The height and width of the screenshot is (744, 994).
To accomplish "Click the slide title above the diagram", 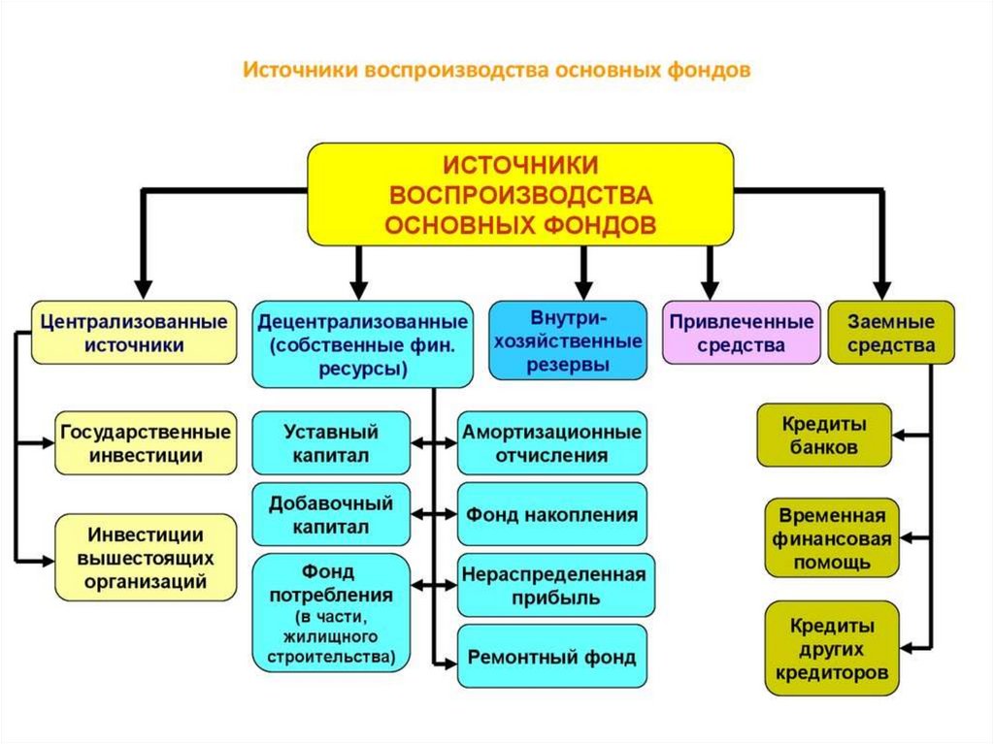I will coord(496,71).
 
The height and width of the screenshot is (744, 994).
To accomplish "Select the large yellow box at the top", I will coord(520,194).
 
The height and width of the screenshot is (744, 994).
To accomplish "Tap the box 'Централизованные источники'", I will coord(134,332).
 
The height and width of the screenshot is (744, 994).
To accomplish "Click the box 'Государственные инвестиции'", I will coord(145,442).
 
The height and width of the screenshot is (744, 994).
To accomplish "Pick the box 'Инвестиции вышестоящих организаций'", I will coord(146,559).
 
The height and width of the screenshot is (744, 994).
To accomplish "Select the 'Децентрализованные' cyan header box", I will coord(361,344).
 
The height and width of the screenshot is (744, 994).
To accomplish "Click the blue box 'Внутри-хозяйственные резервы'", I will coord(568,340).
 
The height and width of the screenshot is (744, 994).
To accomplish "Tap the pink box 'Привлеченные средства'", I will coord(740,332).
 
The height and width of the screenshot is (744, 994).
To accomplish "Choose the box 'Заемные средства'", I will coord(890,332).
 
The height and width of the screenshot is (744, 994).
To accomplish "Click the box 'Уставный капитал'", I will coord(330,443).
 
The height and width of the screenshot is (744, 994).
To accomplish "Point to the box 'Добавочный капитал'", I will coord(330,515).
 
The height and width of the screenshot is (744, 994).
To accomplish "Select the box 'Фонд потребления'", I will coord(330,612).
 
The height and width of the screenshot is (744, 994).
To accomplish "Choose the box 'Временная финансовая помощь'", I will coord(831,537).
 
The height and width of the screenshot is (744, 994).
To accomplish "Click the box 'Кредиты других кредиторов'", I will coord(831,648).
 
